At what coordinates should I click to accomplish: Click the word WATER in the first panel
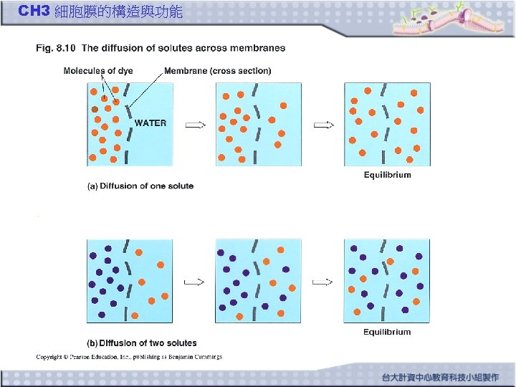150,123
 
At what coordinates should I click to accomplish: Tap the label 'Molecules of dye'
98,71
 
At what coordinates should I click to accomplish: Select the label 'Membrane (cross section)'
218,71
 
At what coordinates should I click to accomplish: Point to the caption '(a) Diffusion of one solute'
140,186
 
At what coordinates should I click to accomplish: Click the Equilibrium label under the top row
387,175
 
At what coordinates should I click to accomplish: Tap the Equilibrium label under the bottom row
387,332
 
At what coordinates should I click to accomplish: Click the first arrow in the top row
195,125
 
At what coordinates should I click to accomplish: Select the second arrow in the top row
324,125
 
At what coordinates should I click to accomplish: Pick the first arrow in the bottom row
195,282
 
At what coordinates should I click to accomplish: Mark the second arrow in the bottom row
324,282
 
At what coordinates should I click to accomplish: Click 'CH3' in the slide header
33,11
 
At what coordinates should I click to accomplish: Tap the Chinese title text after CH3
118,11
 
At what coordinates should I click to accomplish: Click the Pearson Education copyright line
130,356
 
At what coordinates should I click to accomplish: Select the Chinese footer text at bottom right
440,377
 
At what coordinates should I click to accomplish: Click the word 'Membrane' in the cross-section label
186,71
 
